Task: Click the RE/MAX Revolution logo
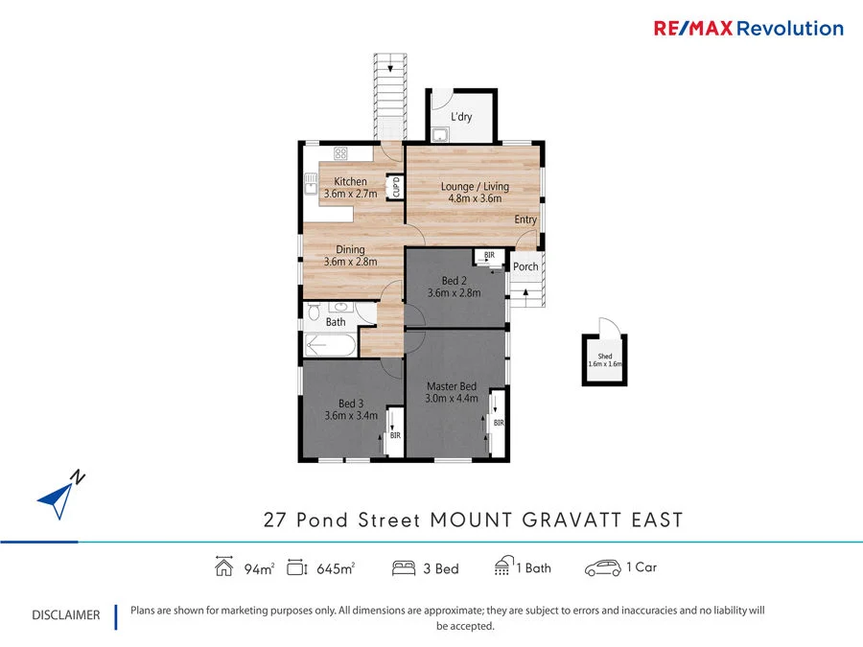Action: pyautogui.click(x=748, y=28)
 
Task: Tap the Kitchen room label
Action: pyautogui.click(x=350, y=181)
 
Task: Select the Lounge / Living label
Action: pyautogui.click(x=475, y=186)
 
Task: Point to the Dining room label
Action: pyautogui.click(x=350, y=249)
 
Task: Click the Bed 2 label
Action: pyautogui.click(x=455, y=281)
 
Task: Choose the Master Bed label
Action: pyautogui.click(x=452, y=386)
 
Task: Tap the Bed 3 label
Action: pyautogui.click(x=350, y=404)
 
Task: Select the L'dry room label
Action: pyautogui.click(x=461, y=117)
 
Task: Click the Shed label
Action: pyautogui.click(x=605, y=357)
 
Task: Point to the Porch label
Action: pyautogui.click(x=525, y=266)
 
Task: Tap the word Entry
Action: pyautogui.click(x=525, y=220)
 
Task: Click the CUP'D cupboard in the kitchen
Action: pyautogui.click(x=394, y=187)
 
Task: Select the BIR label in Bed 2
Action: pyautogui.click(x=489, y=255)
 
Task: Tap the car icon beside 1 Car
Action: pyautogui.click(x=603, y=568)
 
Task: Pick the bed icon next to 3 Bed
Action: pyautogui.click(x=403, y=568)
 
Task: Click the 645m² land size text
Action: pyautogui.click(x=336, y=568)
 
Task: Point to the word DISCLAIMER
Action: pyautogui.click(x=65, y=615)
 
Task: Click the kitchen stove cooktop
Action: pyautogui.click(x=340, y=153)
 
